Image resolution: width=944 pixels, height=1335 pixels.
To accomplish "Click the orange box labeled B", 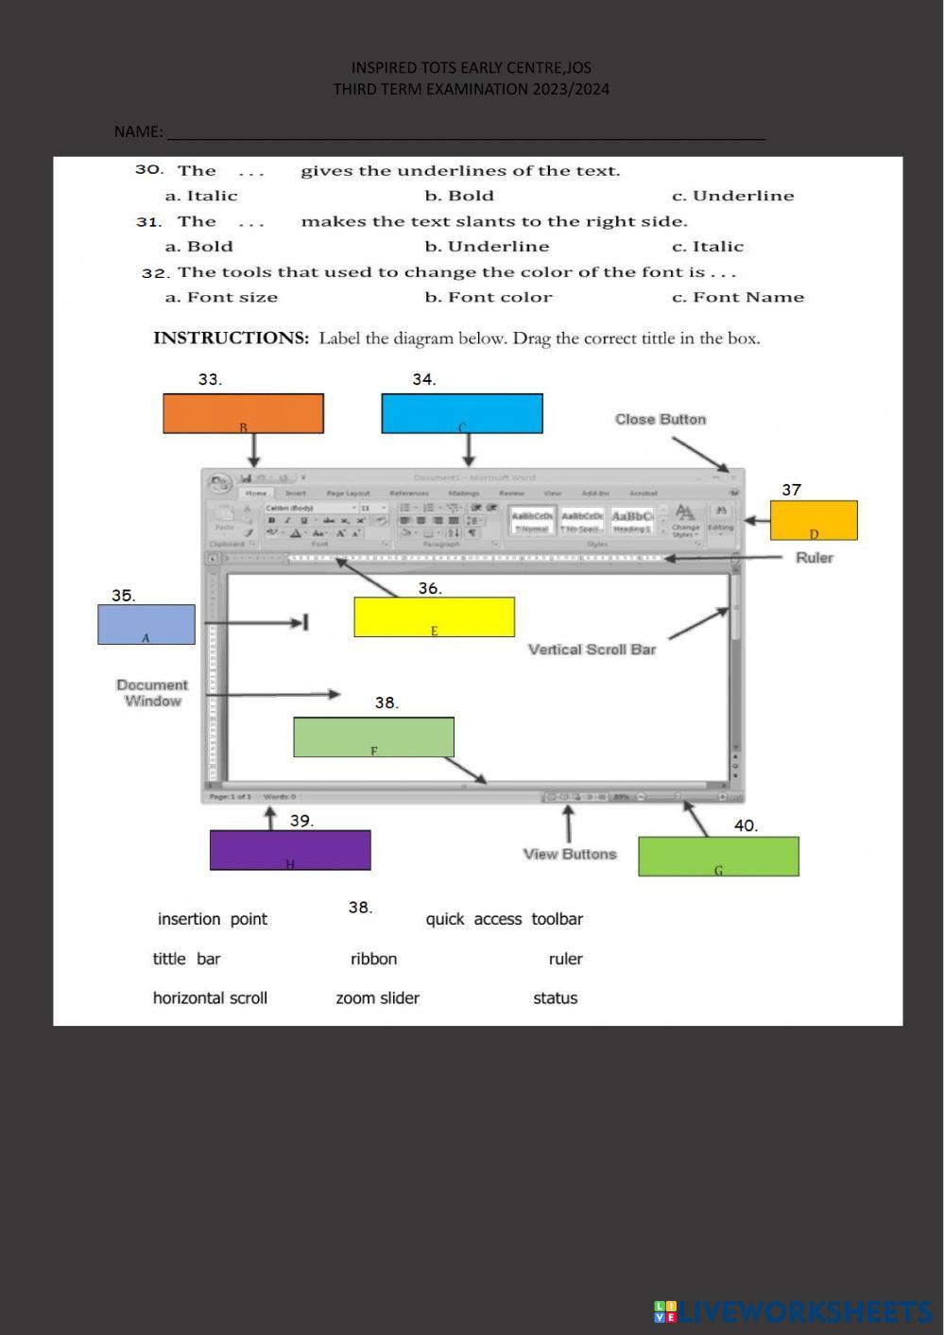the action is coord(243,413).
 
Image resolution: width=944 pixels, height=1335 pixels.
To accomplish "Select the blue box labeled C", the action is coord(462,413).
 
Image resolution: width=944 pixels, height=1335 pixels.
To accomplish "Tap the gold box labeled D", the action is coord(814,520).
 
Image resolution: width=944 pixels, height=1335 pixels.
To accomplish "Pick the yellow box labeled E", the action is coord(434,616).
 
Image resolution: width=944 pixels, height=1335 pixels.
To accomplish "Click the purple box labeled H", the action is coord(290,850).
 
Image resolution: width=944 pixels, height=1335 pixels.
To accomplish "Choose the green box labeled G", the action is coord(718,856).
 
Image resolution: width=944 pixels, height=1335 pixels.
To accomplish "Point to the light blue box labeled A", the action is coord(146,624).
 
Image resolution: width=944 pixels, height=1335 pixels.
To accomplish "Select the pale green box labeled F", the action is coord(373,737).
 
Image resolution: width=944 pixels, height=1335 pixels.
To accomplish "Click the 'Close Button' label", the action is coord(661,419).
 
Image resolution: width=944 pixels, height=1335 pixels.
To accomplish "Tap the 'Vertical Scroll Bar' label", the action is coord(592,650).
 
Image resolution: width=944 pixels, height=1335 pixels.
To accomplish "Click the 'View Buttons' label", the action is coord(570,854).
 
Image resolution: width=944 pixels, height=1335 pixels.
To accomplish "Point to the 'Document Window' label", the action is coord(152,692).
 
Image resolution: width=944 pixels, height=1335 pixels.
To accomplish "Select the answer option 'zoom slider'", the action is coord(377,997).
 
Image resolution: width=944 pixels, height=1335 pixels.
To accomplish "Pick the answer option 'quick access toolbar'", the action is coord(504,919).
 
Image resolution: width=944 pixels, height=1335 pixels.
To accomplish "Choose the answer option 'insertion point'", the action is coord(213,919).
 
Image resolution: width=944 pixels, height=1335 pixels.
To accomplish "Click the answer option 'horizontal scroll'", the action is coord(210,997).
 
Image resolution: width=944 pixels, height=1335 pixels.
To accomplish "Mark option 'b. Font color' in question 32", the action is coord(488,297).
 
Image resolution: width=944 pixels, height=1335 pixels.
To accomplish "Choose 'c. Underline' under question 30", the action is coord(732,196).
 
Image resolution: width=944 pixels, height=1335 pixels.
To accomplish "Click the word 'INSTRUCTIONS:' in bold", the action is coord(231,338).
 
